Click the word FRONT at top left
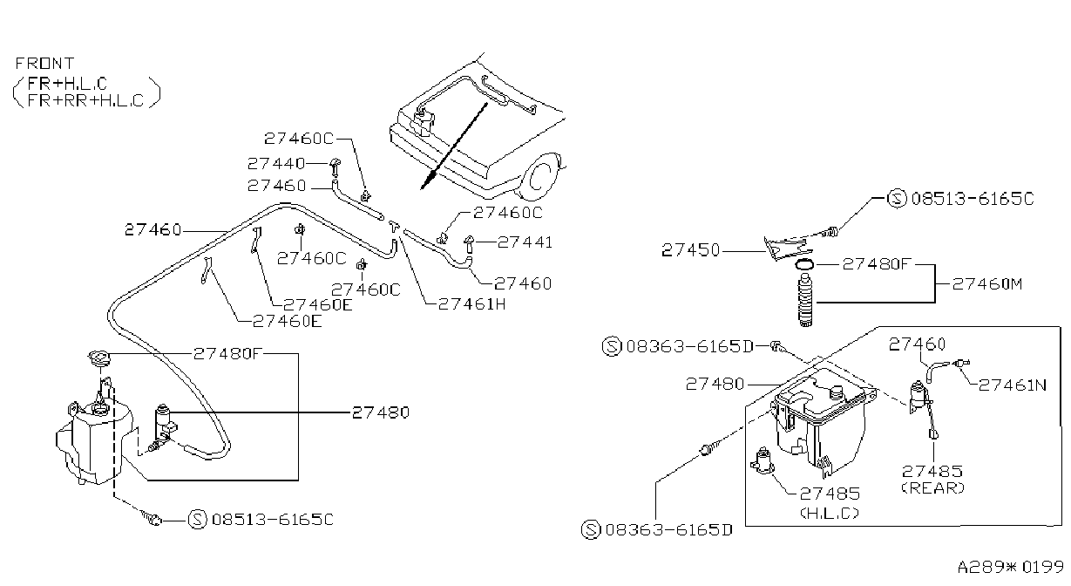click(45, 63)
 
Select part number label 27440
click(276, 164)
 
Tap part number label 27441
click(525, 242)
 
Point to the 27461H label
click(472, 303)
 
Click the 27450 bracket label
click(690, 249)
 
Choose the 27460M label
click(986, 283)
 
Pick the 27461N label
click(1013, 385)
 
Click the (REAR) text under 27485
click(932, 488)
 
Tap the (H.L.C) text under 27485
click(830, 513)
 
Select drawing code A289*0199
click(1010, 567)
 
